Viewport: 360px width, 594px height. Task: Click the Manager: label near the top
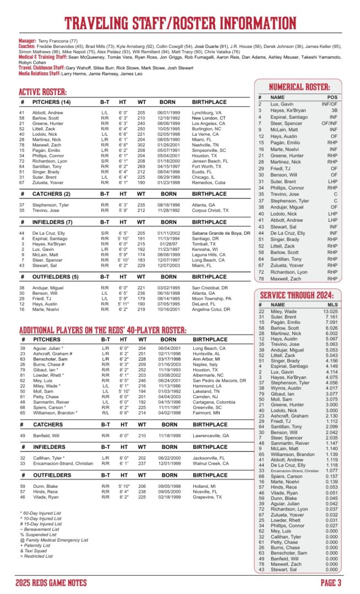(28, 41)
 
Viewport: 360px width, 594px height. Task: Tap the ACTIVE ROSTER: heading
(43, 92)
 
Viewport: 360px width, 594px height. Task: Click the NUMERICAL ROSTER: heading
(299, 87)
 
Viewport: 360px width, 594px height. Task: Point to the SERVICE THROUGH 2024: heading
(297, 294)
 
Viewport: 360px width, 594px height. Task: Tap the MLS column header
(332, 304)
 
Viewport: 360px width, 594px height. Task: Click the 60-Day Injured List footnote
(39, 513)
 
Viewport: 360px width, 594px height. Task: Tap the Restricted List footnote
(36, 556)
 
